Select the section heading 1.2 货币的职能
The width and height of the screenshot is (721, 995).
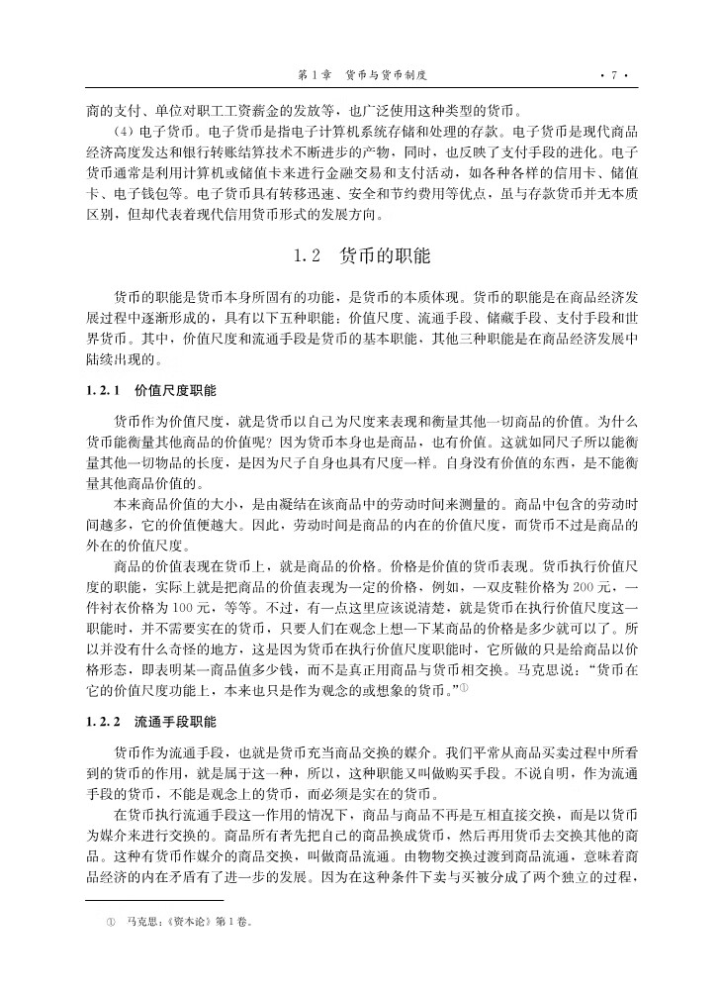point(362,255)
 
